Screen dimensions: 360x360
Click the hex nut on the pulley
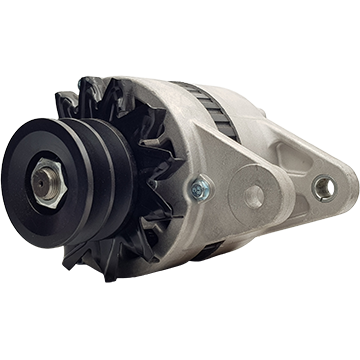[43, 185]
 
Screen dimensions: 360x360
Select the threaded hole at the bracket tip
[323, 186]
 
